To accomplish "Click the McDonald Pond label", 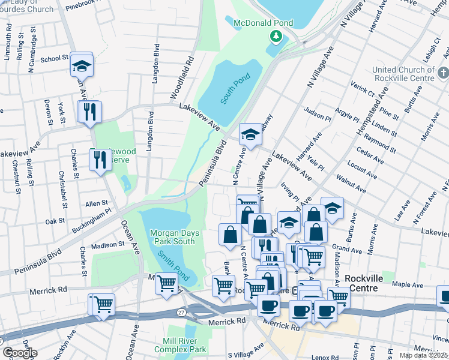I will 263,23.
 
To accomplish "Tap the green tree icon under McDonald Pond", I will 276,37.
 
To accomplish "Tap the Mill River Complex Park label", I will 180,345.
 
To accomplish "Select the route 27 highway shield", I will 181,313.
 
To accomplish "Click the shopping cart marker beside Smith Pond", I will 166,283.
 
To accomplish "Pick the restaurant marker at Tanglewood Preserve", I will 100,160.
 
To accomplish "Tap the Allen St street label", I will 96,204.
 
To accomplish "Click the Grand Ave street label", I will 345,247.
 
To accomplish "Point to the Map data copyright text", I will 424,355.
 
